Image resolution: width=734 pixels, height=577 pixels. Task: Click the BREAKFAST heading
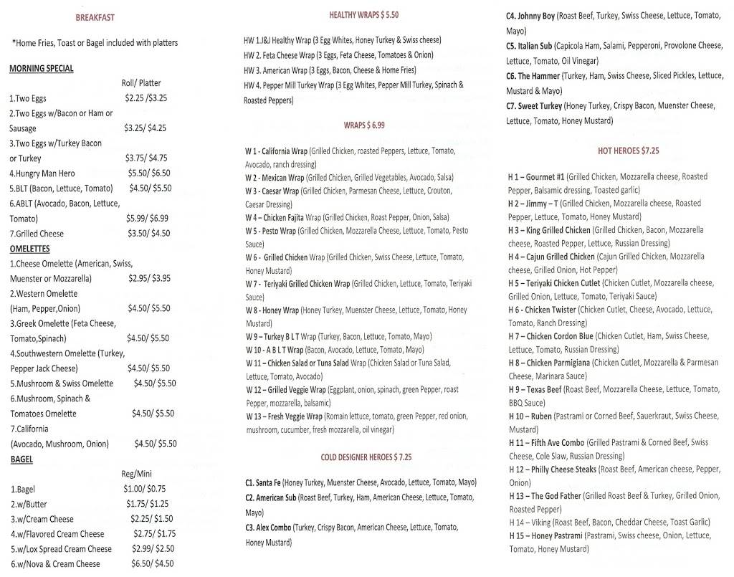tap(95, 17)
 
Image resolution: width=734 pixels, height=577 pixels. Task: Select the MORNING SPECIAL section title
tap(42, 69)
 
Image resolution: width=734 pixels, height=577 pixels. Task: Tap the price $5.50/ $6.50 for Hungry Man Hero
tap(149, 173)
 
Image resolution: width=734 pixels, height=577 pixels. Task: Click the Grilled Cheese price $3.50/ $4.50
tap(149, 234)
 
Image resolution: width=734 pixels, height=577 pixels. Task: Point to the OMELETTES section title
tap(29, 249)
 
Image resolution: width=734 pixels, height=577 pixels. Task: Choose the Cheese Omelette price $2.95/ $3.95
tap(150, 279)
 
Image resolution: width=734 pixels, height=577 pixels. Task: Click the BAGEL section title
tap(22, 459)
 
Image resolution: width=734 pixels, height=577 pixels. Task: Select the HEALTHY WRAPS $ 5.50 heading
tap(363, 15)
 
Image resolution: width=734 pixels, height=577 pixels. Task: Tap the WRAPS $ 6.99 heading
tap(364, 125)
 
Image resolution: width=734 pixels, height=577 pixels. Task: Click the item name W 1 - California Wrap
tap(276, 152)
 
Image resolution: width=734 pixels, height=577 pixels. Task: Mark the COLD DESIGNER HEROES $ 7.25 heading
tap(366, 457)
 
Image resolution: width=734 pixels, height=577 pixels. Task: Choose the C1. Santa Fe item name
tap(263, 483)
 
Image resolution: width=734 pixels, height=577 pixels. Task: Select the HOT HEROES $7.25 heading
tap(628, 151)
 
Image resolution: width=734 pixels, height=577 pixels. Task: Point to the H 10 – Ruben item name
tap(531, 416)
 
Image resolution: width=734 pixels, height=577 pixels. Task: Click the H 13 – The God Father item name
tap(545, 496)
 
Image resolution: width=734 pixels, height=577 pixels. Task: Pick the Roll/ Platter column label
tap(141, 83)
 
